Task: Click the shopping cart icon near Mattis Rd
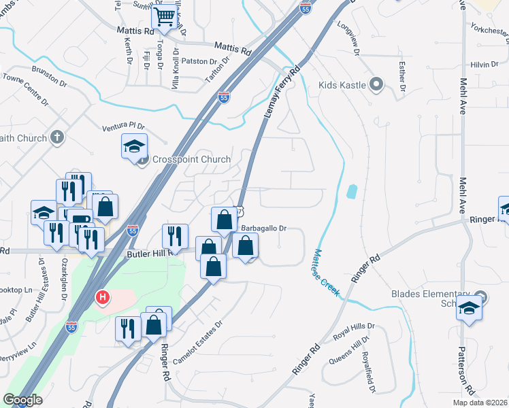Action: click(x=165, y=16)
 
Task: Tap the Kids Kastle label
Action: click(x=342, y=86)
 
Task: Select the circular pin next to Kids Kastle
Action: click(x=376, y=85)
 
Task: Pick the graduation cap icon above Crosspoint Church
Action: click(x=134, y=145)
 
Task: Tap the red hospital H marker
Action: click(x=103, y=297)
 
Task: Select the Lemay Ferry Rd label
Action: click(x=280, y=95)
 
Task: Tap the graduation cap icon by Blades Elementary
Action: click(x=469, y=307)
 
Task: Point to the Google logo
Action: click(x=22, y=400)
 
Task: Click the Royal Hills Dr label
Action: click(x=350, y=333)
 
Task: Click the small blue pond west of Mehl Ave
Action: click(x=351, y=192)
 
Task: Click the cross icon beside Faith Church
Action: click(x=57, y=137)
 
